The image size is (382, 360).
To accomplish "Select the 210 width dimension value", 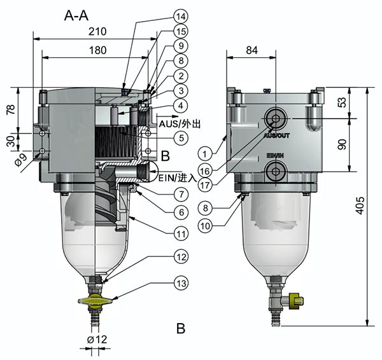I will (97, 31).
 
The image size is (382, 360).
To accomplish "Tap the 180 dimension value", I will (97, 49).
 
